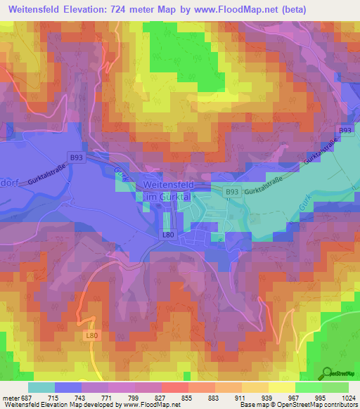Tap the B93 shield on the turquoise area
click(x=232, y=191)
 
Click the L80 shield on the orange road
click(x=92, y=337)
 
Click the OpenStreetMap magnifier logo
click(x=326, y=373)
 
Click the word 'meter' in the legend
click(x=10, y=397)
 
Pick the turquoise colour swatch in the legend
click(x=41, y=387)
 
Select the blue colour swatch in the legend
click(x=68, y=387)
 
